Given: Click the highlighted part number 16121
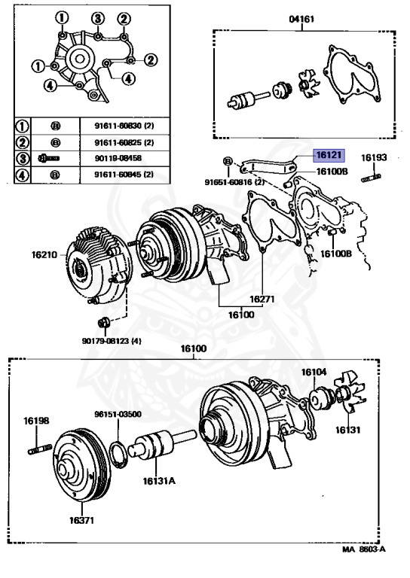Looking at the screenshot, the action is [x=329, y=155].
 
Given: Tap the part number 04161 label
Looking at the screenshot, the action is [x=302, y=19].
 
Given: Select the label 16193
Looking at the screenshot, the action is [x=374, y=158].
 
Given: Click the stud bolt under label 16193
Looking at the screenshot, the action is [x=371, y=178].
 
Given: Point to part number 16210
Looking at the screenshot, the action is [x=44, y=254].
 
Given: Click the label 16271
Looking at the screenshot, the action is [x=262, y=299].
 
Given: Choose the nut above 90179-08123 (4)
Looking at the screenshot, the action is [x=103, y=322].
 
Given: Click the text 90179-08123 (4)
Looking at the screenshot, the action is [x=112, y=341].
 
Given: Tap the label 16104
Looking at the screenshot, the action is [x=314, y=373].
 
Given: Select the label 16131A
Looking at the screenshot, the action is [x=159, y=481].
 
